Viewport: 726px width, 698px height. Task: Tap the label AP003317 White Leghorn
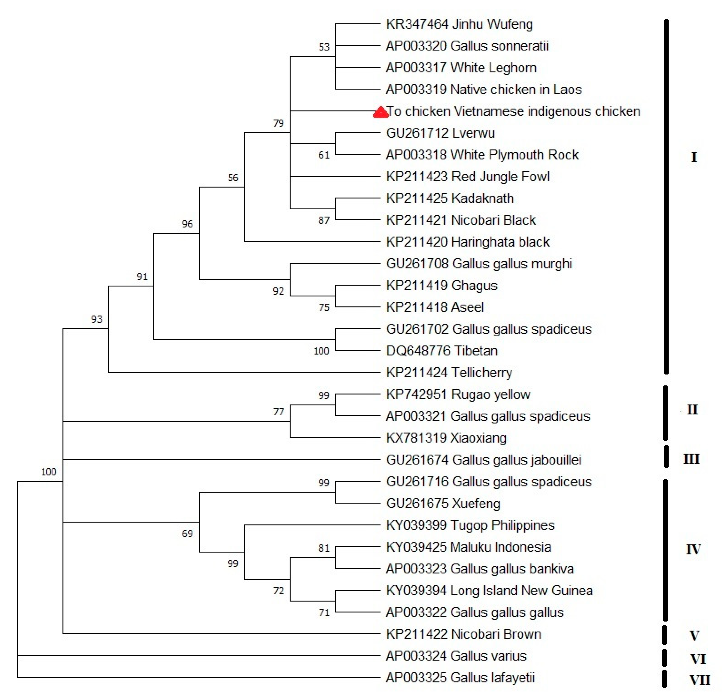(461, 68)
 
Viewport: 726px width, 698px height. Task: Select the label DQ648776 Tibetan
(442, 351)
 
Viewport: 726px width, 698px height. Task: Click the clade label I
(694, 158)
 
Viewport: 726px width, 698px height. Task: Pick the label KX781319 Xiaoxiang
(446, 438)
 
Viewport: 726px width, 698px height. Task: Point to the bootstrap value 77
(279, 412)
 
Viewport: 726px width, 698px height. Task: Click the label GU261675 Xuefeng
(443, 504)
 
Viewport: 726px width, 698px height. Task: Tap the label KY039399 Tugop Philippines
(470, 525)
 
